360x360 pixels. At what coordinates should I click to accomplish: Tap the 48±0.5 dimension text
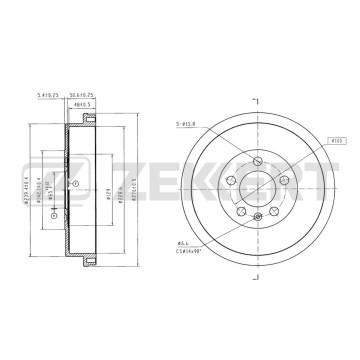point(82,105)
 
